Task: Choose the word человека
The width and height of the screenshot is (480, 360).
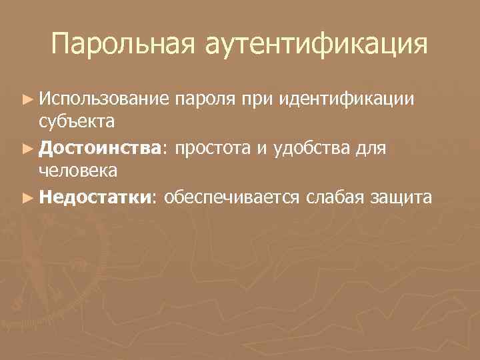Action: [78, 171]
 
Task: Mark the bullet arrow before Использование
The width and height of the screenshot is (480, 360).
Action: [27, 99]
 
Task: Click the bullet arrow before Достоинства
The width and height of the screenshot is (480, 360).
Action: [27, 147]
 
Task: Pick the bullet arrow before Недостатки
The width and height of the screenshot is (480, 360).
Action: [27, 197]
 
